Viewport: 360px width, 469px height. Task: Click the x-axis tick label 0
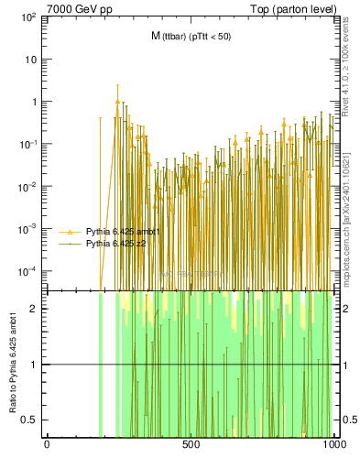pyautogui.click(x=47, y=444)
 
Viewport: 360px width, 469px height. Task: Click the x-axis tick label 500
pyautogui.click(x=191, y=444)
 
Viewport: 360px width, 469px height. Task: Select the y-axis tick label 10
pyautogui.click(x=29, y=60)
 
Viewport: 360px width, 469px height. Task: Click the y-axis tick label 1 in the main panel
pyautogui.click(x=33, y=103)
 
